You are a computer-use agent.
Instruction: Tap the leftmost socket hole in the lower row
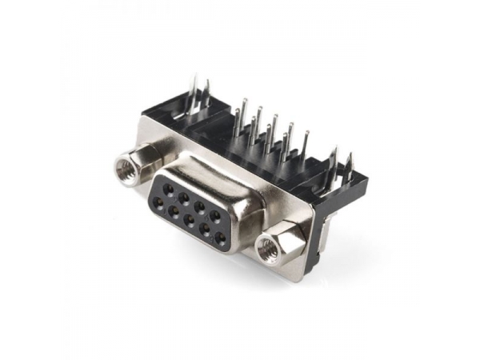[x=173, y=211]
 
